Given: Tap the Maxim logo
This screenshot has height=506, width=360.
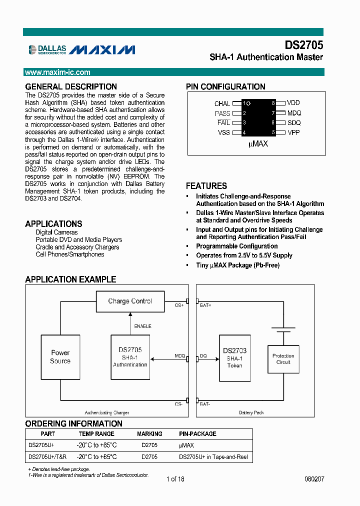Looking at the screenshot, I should pyautogui.click(x=102, y=49).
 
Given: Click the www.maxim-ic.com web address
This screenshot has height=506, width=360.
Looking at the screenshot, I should pyautogui.click(x=58, y=72).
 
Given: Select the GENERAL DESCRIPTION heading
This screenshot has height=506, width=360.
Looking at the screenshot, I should pyautogui.click(x=71, y=86).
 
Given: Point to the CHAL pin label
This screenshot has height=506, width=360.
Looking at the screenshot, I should pyautogui.click(x=222, y=103).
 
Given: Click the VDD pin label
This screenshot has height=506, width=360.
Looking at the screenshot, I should pyautogui.click(x=294, y=103).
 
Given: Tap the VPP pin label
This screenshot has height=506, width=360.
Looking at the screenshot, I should pyautogui.click(x=294, y=132).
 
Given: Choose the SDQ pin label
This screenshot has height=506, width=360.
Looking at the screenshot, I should pyautogui.click(x=294, y=123).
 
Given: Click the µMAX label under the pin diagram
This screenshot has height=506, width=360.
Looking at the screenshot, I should pyautogui.click(x=258, y=144).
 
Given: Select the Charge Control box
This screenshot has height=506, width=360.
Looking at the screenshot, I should pyautogui.click(x=130, y=301).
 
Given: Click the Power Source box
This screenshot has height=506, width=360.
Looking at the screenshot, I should pyautogui.click(x=60, y=357).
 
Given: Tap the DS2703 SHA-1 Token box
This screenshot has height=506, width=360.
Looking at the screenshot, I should pyautogui.click(x=234, y=358).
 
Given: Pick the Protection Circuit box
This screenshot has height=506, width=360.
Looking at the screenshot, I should pyautogui.click(x=283, y=359).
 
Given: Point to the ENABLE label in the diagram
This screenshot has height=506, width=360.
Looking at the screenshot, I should pyautogui.click(x=142, y=326).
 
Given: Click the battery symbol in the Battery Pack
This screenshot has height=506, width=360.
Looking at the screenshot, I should pyautogui.click(x=283, y=330).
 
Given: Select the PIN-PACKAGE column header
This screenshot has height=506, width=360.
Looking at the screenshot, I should pyautogui.click(x=197, y=434).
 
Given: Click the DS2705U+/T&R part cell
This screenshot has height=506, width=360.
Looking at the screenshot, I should pyautogui.click(x=47, y=457).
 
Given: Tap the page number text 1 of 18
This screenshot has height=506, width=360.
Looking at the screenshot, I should pyautogui.click(x=175, y=479).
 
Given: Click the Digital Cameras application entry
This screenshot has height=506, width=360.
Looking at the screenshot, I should pyautogui.click(x=56, y=232).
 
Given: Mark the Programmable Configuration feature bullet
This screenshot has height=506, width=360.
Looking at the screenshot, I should pyautogui.click(x=236, y=246).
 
